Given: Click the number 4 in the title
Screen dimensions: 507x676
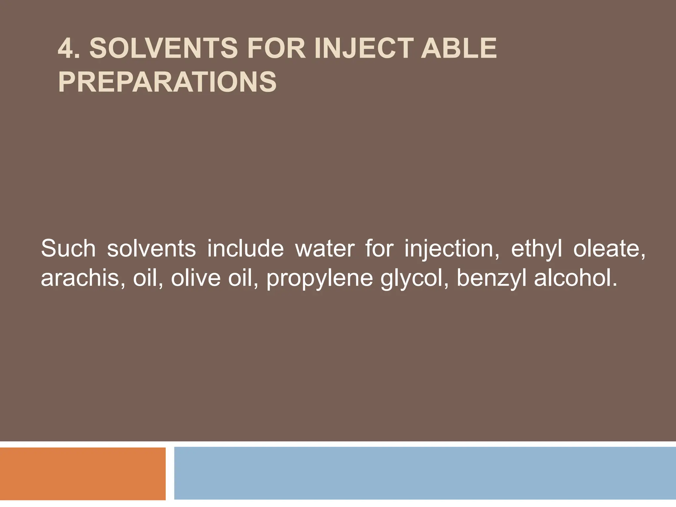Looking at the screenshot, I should pyautogui.click(x=65, y=49).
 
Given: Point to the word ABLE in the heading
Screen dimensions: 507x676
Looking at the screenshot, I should pyautogui.click(x=458, y=49).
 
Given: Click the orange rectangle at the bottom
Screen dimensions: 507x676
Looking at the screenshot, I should pyautogui.click(x=83, y=474).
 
